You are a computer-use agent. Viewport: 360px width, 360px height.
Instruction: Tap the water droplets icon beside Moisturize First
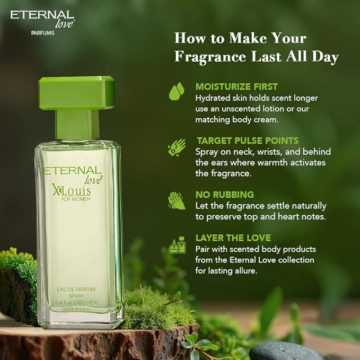coord(177,91)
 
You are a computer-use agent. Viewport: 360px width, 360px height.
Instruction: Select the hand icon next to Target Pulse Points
coord(177,147)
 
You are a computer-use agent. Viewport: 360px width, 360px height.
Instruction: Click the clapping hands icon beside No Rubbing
coord(177,200)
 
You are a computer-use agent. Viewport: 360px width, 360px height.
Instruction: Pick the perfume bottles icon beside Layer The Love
coord(177,245)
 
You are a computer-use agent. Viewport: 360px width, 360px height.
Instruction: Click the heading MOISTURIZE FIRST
coord(236,86)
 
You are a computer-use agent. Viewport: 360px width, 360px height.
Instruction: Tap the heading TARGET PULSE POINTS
coord(248,141)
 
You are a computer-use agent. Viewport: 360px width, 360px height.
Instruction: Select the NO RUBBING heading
coord(225,195)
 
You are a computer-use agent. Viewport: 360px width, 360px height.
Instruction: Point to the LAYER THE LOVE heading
coord(233,238)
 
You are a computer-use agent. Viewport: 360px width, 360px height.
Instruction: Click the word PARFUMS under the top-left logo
coord(43,33)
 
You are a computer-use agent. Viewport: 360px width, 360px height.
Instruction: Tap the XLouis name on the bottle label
coord(72,190)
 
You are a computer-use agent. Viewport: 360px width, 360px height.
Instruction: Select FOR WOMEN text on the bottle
coord(76,199)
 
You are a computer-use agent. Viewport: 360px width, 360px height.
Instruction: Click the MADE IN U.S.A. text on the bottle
coord(76,309)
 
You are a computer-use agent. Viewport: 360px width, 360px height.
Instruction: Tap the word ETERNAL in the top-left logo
coord(42,15)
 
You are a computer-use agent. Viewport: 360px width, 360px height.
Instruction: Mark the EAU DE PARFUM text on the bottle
coord(76,289)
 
